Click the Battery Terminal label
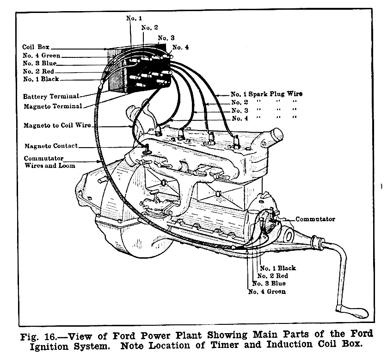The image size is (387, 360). tap(50, 97)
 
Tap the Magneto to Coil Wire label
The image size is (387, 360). tap(60, 125)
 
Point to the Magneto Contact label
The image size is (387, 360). tap(51, 146)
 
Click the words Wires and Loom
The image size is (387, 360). tap(49, 165)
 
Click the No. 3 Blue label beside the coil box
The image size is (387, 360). tap(40, 63)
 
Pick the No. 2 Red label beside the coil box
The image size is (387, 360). tap(38, 72)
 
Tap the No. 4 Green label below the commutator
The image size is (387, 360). tap(267, 292)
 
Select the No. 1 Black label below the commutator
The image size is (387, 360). tap(277, 268)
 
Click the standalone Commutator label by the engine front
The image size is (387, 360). tap(315, 219)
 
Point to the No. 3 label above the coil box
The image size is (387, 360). tap(166, 37)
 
